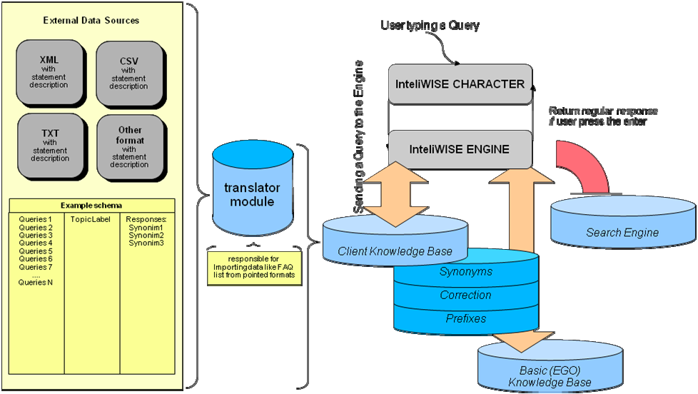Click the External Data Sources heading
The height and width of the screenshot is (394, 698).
tap(91, 21)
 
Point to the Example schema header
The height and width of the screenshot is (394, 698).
tap(91, 205)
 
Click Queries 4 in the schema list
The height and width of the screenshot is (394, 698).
tap(36, 243)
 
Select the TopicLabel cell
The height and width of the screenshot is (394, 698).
tap(91, 218)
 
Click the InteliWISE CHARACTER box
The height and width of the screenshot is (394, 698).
tap(460, 84)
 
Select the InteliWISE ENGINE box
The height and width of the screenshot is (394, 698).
tap(460, 149)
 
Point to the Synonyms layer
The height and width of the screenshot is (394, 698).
tap(465, 272)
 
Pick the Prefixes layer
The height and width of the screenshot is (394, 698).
tap(465, 318)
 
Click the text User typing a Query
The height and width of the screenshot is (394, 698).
tap(430, 26)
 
